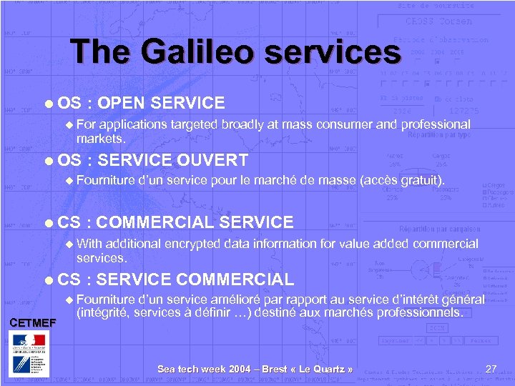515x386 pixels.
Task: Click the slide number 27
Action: (x=491, y=369)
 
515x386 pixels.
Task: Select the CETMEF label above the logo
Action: (x=31, y=322)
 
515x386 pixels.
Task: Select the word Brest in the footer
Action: (x=275, y=369)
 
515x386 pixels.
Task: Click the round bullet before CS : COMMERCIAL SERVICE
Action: (x=46, y=223)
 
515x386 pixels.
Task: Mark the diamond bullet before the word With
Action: (x=68, y=244)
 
